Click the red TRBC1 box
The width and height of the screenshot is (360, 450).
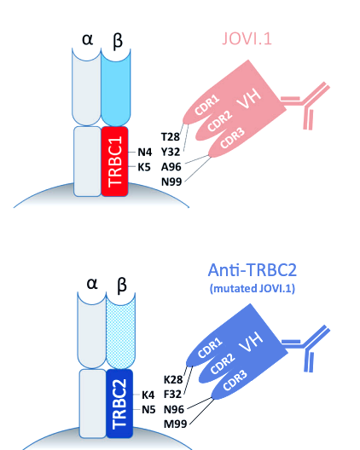tap(114, 161)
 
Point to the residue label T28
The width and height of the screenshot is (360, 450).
tap(170, 137)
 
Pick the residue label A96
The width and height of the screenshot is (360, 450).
tap(170, 167)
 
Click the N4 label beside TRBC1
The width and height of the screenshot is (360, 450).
tap(144, 152)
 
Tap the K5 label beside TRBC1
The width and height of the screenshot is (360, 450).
tap(144, 167)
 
